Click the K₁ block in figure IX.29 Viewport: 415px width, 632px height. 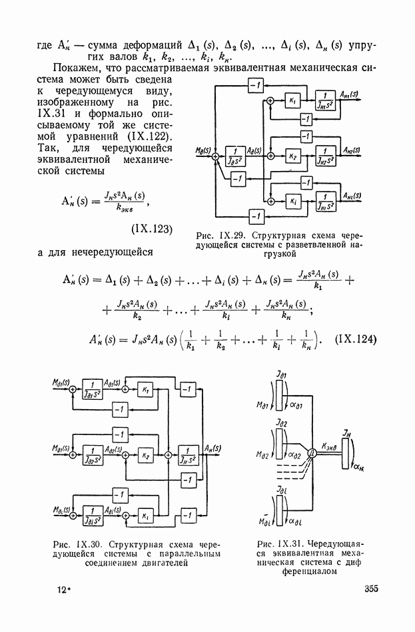click(x=294, y=100)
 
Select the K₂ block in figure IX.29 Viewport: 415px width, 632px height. click(x=294, y=156)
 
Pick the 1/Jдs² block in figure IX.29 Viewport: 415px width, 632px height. click(x=234, y=156)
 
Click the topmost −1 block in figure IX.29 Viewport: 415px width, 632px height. click(x=254, y=84)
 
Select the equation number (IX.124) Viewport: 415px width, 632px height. click(x=358, y=339)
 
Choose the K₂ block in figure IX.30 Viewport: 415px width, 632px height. click(x=145, y=458)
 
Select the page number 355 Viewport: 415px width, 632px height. click(x=372, y=588)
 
